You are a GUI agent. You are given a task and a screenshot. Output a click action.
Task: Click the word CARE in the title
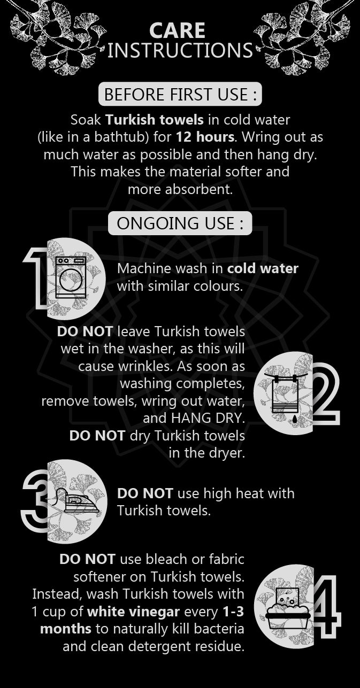point(177,30)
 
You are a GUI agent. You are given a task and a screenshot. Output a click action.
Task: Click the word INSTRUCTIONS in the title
point(180,50)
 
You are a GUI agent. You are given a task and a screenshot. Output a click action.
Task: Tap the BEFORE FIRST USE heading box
point(180,94)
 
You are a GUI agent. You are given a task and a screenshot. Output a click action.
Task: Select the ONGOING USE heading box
point(180,223)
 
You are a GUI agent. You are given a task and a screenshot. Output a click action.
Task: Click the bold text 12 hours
point(205,137)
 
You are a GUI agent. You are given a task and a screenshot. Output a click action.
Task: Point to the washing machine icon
point(71,277)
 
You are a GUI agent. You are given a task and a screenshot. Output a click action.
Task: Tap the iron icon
point(78,500)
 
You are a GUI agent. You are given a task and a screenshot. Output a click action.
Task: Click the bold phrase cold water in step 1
point(263,268)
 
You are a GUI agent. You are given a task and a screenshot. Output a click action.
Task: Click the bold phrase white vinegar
point(133,612)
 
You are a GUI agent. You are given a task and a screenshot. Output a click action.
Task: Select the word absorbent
point(199,189)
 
